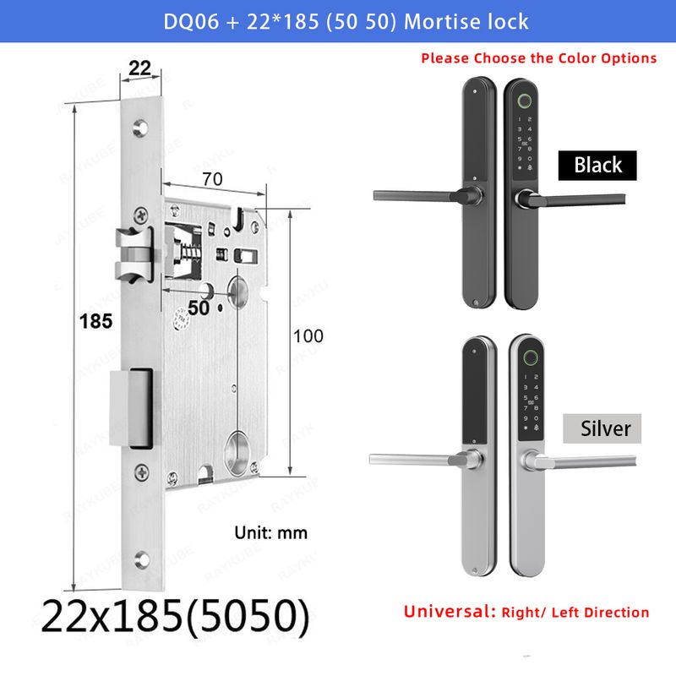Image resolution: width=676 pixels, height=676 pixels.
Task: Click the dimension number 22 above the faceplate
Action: point(139,68)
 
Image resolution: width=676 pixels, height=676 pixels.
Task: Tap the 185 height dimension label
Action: point(95,321)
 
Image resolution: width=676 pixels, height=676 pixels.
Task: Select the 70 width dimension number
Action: point(213,179)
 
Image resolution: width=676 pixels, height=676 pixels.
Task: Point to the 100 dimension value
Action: point(308,336)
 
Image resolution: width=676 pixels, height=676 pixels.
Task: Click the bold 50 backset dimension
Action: point(199,308)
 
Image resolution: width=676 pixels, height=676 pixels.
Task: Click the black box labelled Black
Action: point(597,165)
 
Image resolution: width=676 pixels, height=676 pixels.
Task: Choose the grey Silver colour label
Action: point(602,428)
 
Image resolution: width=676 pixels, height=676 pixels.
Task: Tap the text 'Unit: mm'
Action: point(270,533)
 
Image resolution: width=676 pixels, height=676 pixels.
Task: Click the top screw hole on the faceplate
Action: point(140,128)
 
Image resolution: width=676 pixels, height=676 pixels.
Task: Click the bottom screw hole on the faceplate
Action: point(141,559)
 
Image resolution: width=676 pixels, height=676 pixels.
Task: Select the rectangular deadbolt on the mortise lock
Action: point(132,408)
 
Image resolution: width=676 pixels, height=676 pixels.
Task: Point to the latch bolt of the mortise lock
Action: point(134,254)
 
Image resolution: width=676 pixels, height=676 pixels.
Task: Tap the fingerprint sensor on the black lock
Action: point(525,101)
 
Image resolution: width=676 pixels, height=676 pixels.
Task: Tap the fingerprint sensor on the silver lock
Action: point(531,357)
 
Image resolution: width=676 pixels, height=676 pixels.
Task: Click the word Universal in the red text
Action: point(450,611)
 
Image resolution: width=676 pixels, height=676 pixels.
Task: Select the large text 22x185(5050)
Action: point(176,616)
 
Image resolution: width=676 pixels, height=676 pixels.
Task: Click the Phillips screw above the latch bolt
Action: point(141,215)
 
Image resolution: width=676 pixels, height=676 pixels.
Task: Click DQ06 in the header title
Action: point(191,22)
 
